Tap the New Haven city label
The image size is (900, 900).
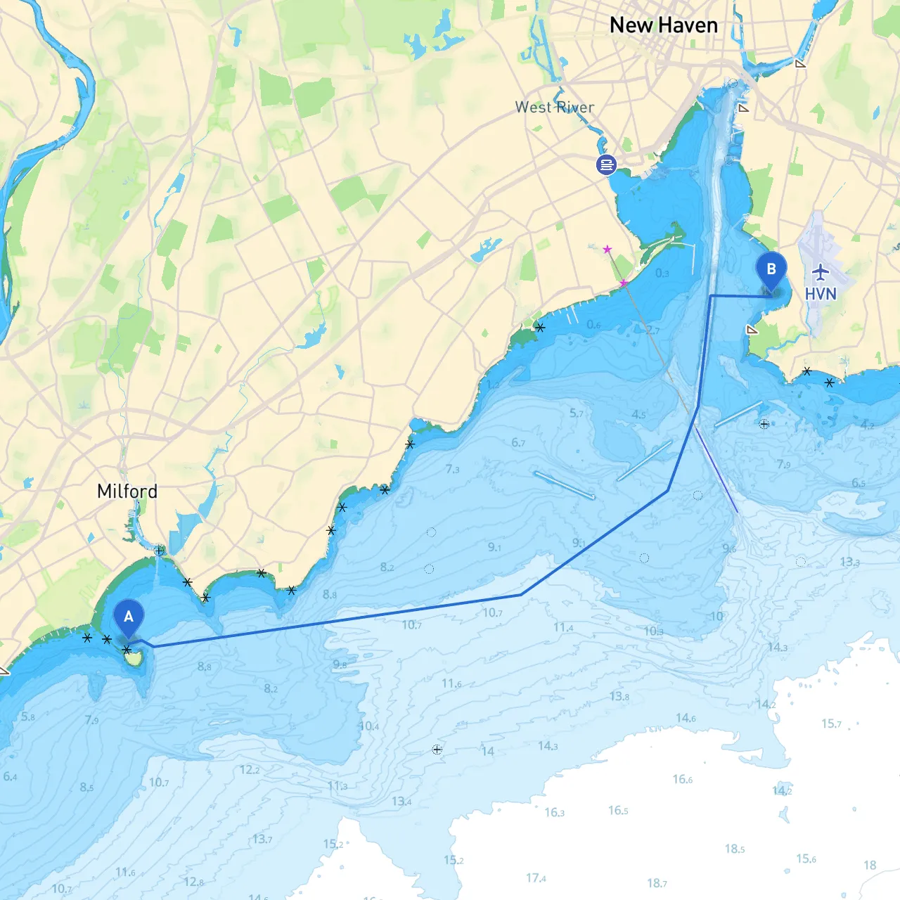click(664, 25)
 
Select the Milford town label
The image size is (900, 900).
click(127, 491)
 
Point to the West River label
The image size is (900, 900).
click(555, 107)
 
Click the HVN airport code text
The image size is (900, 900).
click(821, 294)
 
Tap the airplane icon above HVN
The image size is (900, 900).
click(821, 271)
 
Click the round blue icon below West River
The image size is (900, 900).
click(606, 165)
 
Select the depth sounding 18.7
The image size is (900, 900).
click(657, 883)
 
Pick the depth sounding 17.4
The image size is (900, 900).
click(536, 877)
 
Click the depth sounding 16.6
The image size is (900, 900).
click(682, 779)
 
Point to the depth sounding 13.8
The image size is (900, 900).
click(619, 696)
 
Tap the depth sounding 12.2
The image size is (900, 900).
click(250, 770)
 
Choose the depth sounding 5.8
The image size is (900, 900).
click(28, 716)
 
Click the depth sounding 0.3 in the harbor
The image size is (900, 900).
click(662, 273)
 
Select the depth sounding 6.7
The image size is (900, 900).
click(518, 442)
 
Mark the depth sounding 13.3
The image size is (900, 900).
click(849, 562)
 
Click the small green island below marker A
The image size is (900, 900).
click(133, 659)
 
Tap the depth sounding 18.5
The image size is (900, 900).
click(734, 849)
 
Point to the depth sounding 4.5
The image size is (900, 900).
click(638, 414)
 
